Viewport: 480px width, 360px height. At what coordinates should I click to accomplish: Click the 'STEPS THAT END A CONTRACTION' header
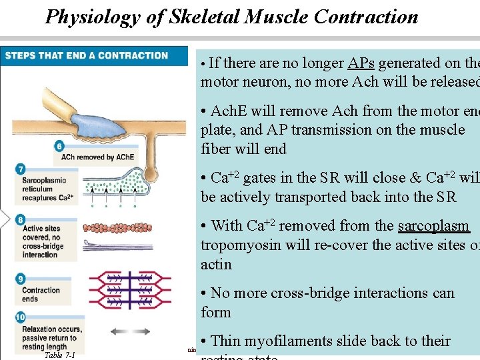pyautogui.click(x=87, y=55)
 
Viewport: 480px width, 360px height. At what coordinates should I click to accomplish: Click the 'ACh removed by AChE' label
pyautogui.click(x=97, y=157)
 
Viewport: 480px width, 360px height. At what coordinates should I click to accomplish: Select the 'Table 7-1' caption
pyautogui.click(x=60, y=355)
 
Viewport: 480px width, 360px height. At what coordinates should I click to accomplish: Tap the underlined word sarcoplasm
pyautogui.click(x=433, y=226)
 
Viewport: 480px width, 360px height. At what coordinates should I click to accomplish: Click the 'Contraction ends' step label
pyautogui.click(x=41, y=294)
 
